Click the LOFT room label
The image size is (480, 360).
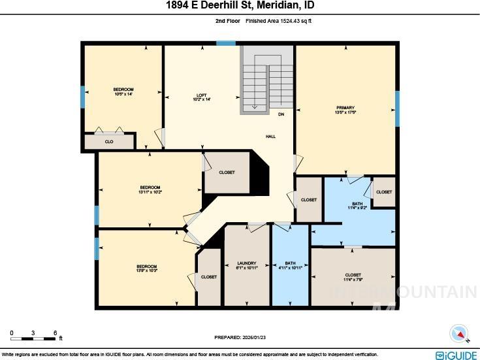(202, 95)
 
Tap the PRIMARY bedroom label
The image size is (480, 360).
(345, 108)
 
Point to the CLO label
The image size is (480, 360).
(109, 141)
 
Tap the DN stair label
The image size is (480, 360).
(281, 114)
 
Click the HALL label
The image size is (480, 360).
(270, 137)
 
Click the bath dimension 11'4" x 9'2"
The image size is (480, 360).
(357, 208)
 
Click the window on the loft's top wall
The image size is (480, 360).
(226, 43)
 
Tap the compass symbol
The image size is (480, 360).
(460, 334)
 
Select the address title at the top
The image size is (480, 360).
(240, 6)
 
